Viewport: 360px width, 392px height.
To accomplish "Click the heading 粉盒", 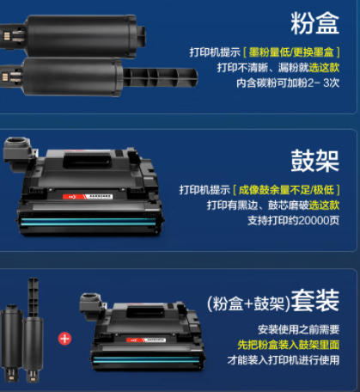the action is [314, 23].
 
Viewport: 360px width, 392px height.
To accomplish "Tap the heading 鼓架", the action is [314, 161].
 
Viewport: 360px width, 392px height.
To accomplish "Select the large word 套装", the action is [315, 300].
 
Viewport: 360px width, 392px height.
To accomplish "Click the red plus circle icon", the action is [64, 339].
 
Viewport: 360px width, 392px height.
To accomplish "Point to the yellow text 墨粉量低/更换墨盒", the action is [291, 52].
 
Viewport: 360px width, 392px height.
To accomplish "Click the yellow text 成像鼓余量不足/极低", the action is [286, 190].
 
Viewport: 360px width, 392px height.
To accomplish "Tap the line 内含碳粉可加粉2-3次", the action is [288, 83].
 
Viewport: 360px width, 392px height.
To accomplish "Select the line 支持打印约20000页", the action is [293, 220].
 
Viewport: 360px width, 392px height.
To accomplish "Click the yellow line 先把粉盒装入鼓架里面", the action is [289, 345].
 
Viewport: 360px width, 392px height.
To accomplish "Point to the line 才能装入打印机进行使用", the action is [284, 360].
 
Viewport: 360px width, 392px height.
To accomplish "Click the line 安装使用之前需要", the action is [298, 329].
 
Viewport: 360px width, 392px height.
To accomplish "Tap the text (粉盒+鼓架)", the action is [248, 303].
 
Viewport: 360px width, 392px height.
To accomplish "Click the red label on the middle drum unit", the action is [88, 197].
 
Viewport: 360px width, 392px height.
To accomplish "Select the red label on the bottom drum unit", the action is [146, 340].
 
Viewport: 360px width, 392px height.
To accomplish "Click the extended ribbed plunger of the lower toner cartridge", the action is [161, 77].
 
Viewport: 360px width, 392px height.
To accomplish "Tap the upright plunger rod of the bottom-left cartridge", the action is [34, 297].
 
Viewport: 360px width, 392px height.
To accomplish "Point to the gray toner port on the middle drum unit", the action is [18, 150].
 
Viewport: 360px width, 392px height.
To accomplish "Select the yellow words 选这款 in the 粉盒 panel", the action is [324, 68].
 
